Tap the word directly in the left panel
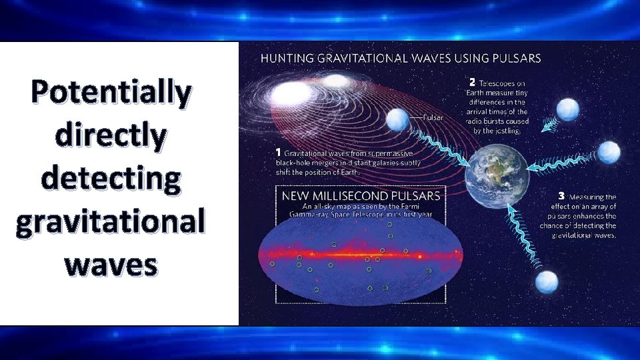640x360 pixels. point(111,136)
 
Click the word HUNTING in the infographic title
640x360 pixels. point(285,59)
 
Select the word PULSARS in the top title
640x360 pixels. point(517,59)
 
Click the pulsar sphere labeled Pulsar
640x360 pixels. point(398,119)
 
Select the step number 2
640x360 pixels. point(473,82)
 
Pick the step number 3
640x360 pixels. point(561,196)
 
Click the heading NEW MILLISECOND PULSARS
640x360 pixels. point(360,196)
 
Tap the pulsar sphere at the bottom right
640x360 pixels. point(547,282)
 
